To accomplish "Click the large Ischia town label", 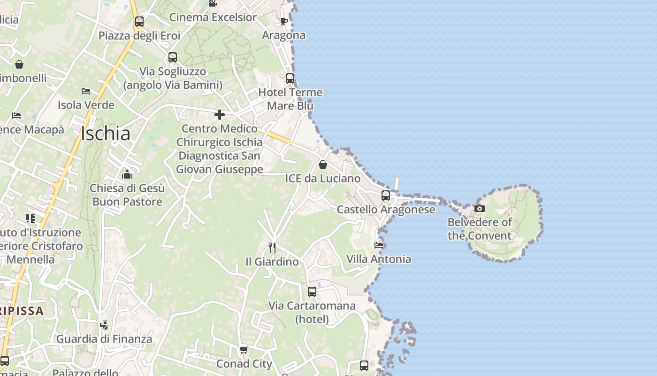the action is coord(106,133).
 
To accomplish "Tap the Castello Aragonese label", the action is coord(386,210).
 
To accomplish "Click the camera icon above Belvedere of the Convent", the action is coord(479,208).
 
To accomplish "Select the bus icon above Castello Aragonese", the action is coord(386,195).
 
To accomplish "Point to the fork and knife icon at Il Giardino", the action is coord(272,247).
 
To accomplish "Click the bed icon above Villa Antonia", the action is coord(379,245).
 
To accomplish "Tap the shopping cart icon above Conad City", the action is coord(244,350).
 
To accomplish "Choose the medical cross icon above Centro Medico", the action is coord(219,114).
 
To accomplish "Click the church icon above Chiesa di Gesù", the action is coord(127,175).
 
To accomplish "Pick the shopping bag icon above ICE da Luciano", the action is coord(323,164).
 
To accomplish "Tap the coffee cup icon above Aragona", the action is coord(283,21).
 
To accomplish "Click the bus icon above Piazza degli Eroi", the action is coord(139,21).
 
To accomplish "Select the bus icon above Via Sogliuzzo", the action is coord(172,57).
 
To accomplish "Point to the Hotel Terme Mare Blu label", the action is coord(290,99).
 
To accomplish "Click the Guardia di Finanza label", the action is coord(104,339).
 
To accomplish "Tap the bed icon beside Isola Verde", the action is coord(85,91).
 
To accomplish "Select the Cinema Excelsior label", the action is coord(213,17).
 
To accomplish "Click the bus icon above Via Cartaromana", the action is coord(312,292).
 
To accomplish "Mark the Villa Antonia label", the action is coord(379,259).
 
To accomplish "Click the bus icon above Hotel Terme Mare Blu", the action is coord(290,78).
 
